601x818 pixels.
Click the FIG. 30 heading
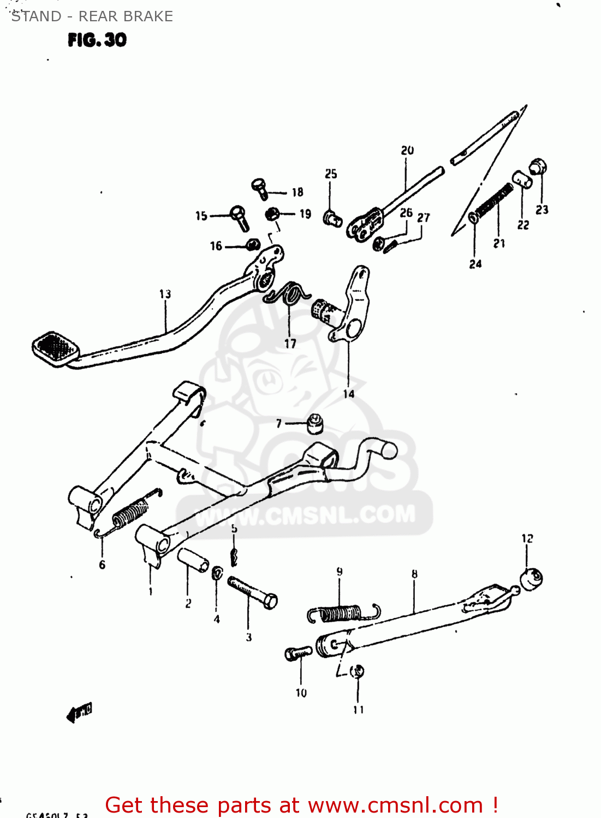[x=97, y=40]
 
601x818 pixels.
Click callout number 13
[x=165, y=294]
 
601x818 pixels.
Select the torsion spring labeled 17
[x=288, y=295]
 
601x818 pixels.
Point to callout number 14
[x=348, y=394]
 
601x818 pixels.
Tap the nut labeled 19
[x=273, y=214]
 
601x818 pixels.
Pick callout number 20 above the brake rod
[x=407, y=151]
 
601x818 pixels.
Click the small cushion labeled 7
[x=315, y=423]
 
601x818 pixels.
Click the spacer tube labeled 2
[x=193, y=560]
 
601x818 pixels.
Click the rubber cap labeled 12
[x=531, y=578]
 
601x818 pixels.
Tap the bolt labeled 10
[x=298, y=653]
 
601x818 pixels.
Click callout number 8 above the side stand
[x=414, y=574]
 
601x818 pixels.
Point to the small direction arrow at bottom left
[x=79, y=712]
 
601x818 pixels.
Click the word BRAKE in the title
[x=148, y=16]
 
